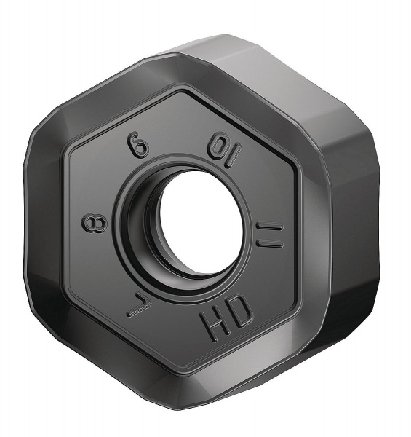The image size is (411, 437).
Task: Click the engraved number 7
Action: [136, 303]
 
